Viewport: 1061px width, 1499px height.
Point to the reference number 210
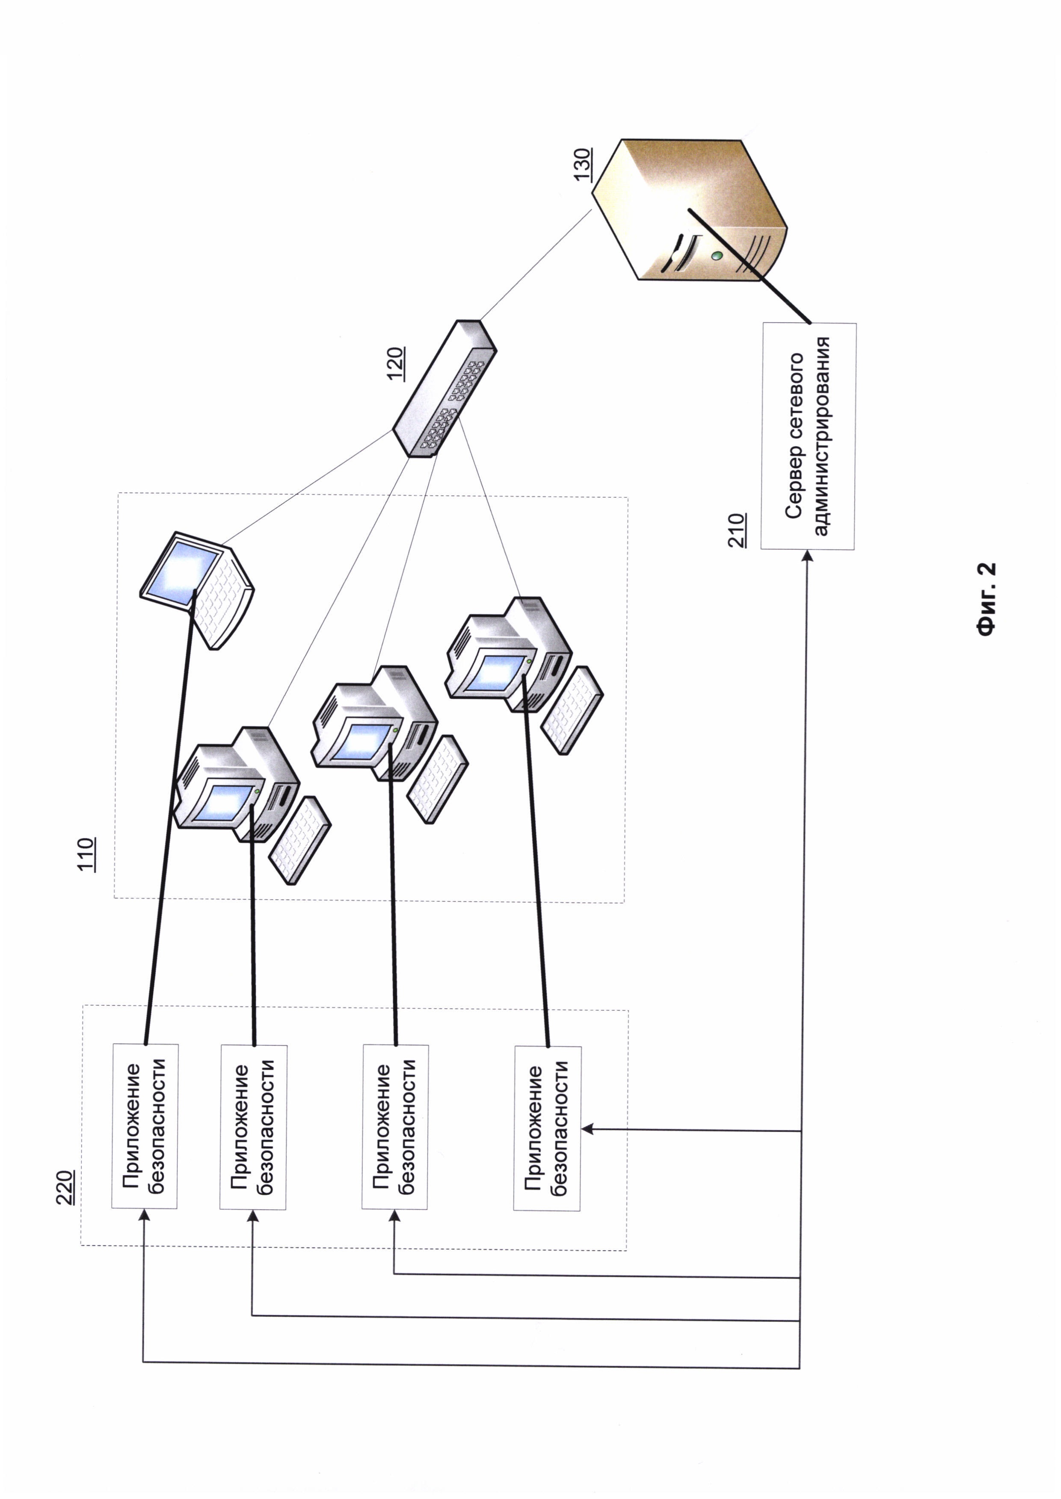tap(738, 530)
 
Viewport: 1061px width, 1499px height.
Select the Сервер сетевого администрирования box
tap(808, 436)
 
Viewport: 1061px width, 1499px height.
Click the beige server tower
tap(693, 209)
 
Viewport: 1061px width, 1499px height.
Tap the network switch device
tap(444, 389)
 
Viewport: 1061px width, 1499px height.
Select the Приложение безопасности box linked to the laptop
tap(144, 1126)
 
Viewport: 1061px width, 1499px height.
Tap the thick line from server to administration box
tap(751, 268)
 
